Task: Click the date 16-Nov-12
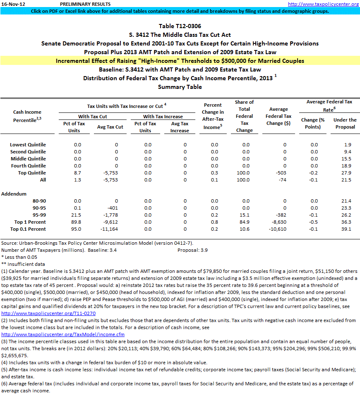(x=13, y=4)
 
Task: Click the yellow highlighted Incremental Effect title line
(x=180, y=61)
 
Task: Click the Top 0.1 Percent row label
(x=28, y=229)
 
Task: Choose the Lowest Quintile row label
(x=28, y=145)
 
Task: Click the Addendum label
(x=15, y=193)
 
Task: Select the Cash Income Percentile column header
(x=27, y=116)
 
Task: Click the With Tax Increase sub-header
(x=163, y=117)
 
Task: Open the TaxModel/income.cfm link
(x=63, y=334)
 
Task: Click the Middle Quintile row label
(x=28, y=159)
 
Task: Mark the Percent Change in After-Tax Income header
(x=213, y=116)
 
